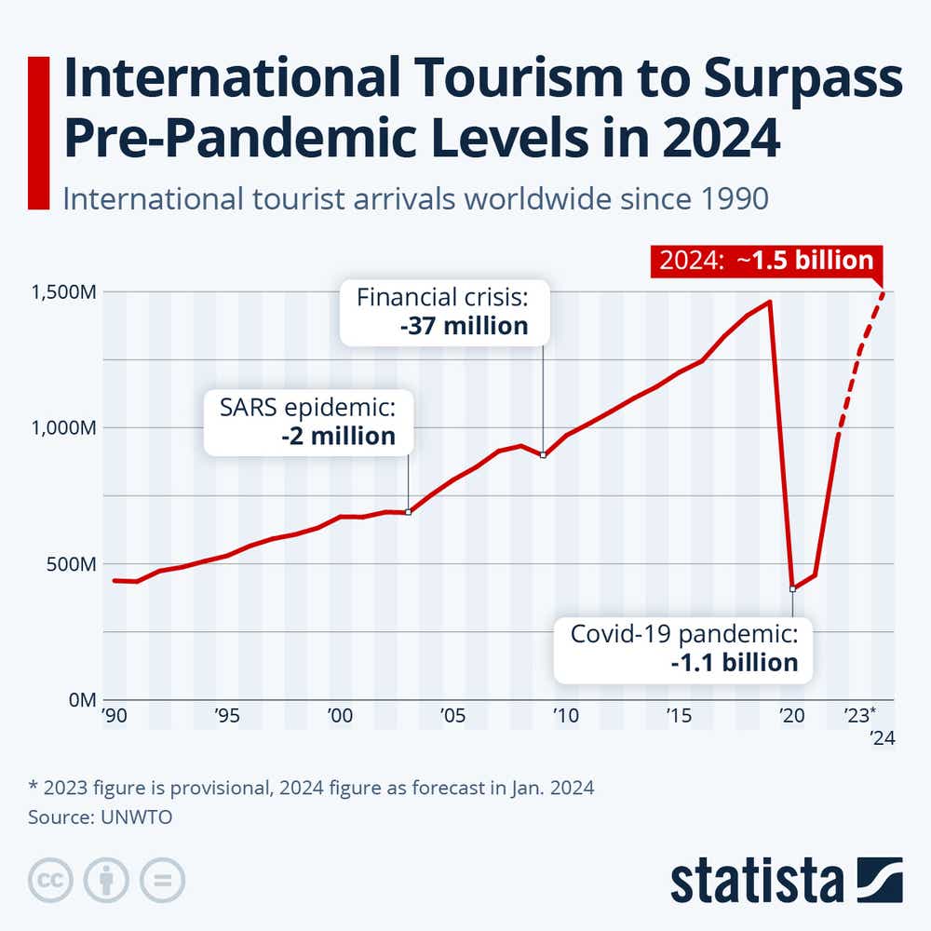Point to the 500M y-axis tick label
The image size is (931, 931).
coord(72,564)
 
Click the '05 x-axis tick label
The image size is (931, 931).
coord(452,715)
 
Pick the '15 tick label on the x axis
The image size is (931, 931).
coord(678,715)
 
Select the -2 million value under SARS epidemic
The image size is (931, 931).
coord(338,436)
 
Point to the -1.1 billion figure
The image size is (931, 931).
coord(735,663)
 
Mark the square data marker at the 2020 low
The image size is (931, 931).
coord(792,588)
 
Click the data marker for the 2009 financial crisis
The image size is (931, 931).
coord(544,454)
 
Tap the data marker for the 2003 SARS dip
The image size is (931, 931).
coord(409,512)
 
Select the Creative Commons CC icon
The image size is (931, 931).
coord(51,879)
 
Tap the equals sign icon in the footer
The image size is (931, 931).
coord(163,879)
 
